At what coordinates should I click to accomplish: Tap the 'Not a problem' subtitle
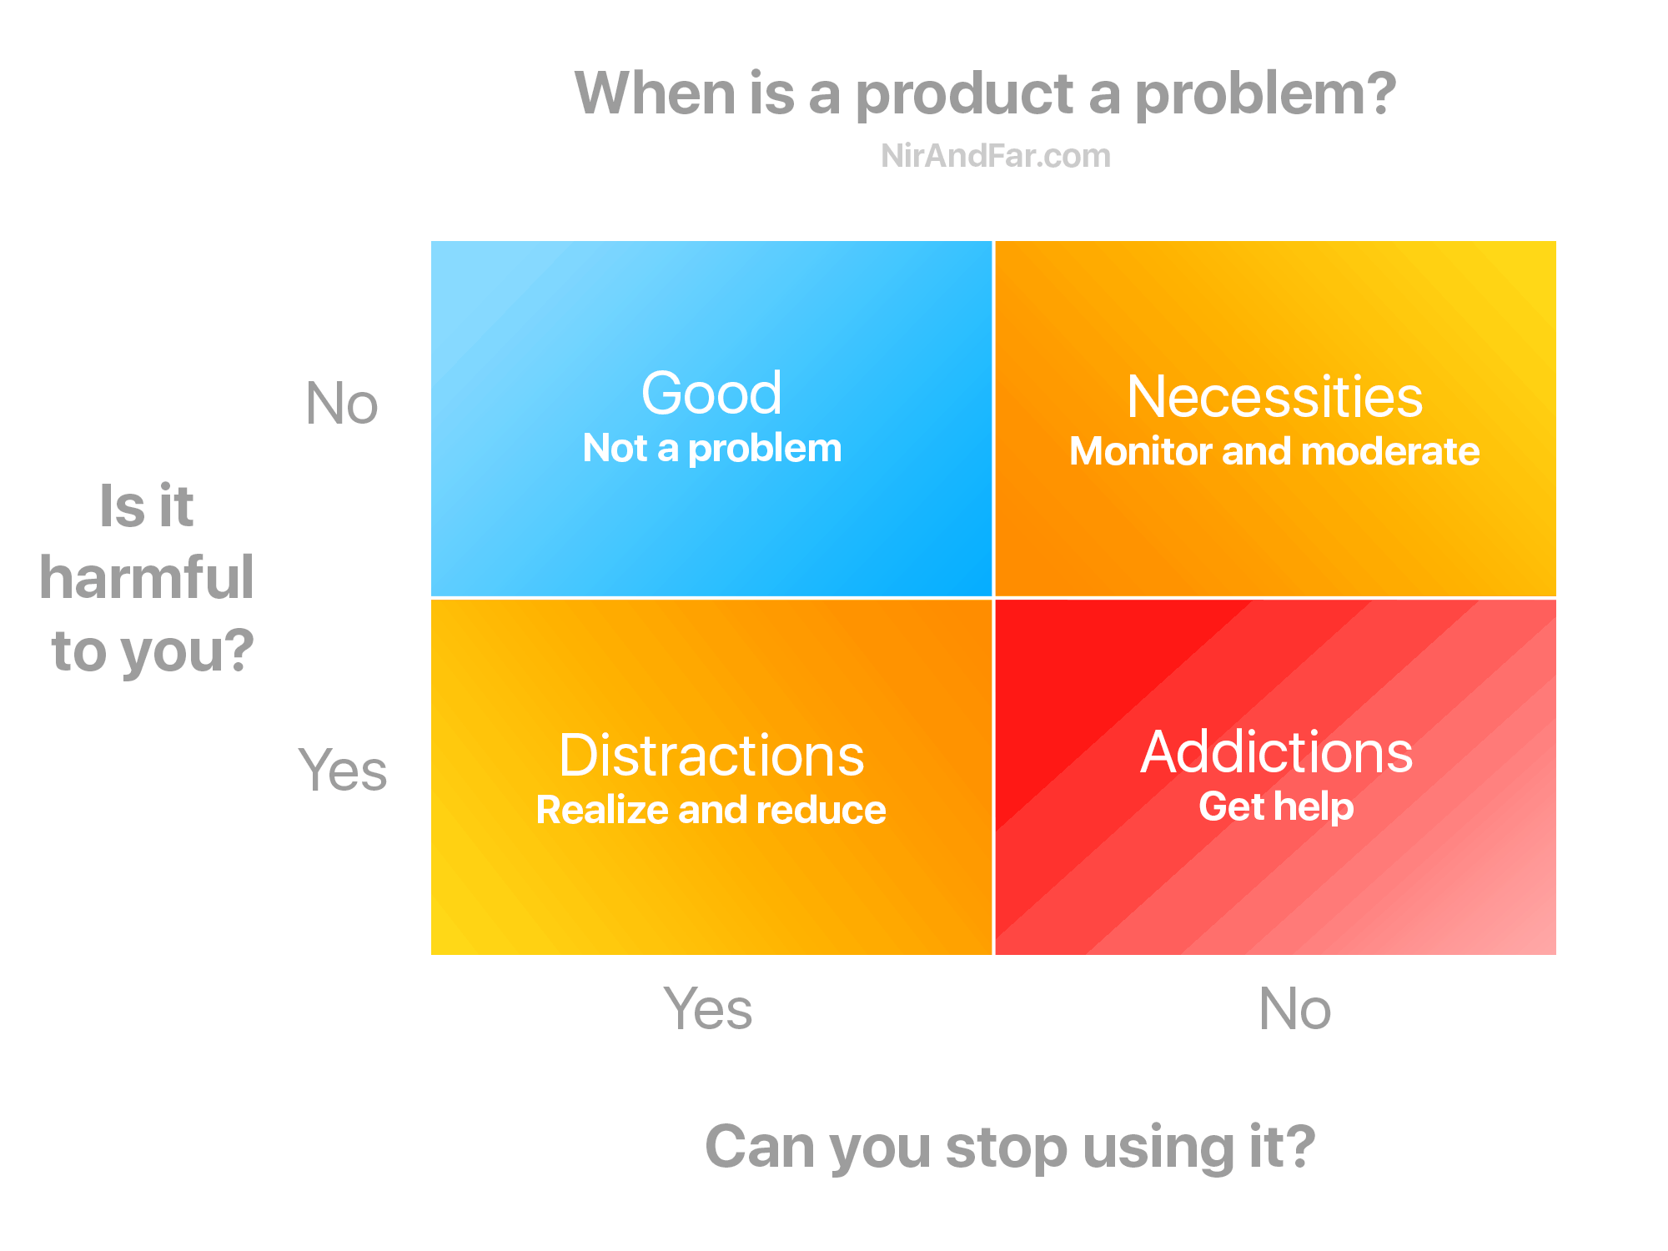click(711, 449)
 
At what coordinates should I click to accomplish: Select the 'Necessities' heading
click(1274, 397)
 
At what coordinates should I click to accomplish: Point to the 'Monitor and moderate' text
click(1274, 452)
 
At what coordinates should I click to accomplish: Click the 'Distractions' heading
click(711, 756)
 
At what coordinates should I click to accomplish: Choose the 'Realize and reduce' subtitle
click(711, 810)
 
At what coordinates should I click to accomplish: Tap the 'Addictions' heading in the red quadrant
click(1276, 752)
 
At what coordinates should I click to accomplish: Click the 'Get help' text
click(1276, 806)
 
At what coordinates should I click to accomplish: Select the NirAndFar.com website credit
click(996, 156)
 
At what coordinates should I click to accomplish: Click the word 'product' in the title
click(964, 93)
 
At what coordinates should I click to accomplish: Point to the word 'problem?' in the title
click(1265, 93)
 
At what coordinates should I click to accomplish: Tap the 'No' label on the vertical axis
click(342, 404)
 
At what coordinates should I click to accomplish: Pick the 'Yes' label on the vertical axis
click(343, 771)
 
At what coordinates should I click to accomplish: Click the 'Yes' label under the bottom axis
click(708, 1009)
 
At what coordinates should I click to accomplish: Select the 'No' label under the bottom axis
click(1294, 1009)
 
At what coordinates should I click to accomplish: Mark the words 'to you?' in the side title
click(153, 651)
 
